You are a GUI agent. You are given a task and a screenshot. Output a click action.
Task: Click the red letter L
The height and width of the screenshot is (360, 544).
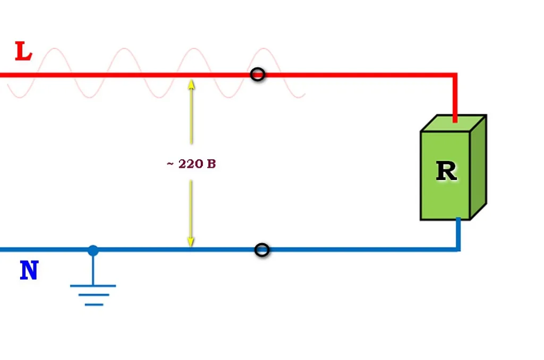pyautogui.click(x=23, y=52)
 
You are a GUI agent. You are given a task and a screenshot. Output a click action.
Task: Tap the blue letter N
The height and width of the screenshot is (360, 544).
pyautogui.click(x=29, y=270)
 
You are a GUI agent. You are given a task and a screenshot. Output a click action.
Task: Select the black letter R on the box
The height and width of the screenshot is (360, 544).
pyautogui.click(x=446, y=171)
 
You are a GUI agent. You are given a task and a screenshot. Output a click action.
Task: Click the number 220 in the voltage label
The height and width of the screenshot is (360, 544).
pyautogui.click(x=191, y=164)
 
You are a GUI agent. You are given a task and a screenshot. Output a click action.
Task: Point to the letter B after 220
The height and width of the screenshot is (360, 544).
pyautogui.click(x=211, y=164)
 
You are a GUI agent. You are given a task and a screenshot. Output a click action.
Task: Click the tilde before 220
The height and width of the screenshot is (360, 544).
pyautogui.click(x=170, y=164)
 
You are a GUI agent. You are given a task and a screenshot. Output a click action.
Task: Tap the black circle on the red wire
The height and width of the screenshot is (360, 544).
pyautogui.click(x=258, y=74)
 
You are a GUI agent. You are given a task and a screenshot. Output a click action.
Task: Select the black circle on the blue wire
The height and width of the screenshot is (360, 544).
pyautogui.click(x=262, y=250)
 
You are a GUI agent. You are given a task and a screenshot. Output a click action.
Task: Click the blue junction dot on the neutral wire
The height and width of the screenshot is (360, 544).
pyautogui.click(x=93, y=251)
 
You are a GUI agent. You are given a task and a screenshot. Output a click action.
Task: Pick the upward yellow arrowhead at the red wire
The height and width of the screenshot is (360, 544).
pyautogui.click(x=191, y=85)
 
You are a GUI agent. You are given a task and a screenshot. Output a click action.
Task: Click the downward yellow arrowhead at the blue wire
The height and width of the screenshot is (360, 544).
pyautogui.click(x=191, y=242)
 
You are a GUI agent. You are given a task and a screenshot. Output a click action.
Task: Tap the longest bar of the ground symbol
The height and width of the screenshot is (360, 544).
pyautogui.click(x=93, y=286)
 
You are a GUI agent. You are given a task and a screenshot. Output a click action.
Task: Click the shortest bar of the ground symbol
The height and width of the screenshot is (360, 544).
pyautogui.click(x=94, y=304)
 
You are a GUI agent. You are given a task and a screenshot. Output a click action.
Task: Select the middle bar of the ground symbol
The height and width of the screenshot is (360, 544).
pyautogui.click(x=93, y=295)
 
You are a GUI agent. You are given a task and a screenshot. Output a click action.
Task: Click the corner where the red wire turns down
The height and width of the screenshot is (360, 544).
pyautogui.click(x=455, y=75)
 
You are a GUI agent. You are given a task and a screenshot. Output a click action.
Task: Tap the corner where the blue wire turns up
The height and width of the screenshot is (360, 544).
pyautogui.click(x=458, y=249)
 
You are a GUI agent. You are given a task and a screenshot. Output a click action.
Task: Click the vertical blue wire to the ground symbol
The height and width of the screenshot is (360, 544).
pyautogui.click(x=93, y=270)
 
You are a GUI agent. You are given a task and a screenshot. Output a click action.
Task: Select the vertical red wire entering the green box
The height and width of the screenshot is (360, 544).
pyautogui.click(x=455, y=98)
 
